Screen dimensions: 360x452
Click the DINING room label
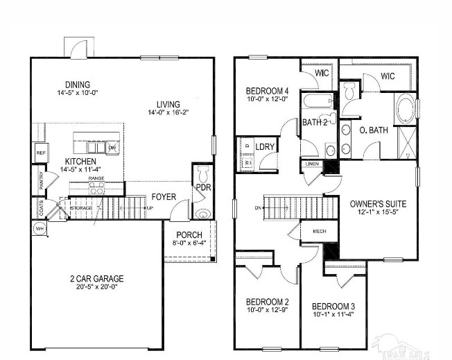78,83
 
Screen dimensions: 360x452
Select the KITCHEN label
61,160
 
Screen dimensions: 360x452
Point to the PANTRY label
41,180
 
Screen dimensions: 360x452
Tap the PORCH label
189,234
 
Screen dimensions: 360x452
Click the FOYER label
164,196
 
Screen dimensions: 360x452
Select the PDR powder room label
203,187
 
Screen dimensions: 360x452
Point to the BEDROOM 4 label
267,91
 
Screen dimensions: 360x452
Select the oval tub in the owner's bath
404,109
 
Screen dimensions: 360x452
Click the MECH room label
320,231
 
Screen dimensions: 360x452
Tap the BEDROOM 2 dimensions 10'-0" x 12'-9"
267,310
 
